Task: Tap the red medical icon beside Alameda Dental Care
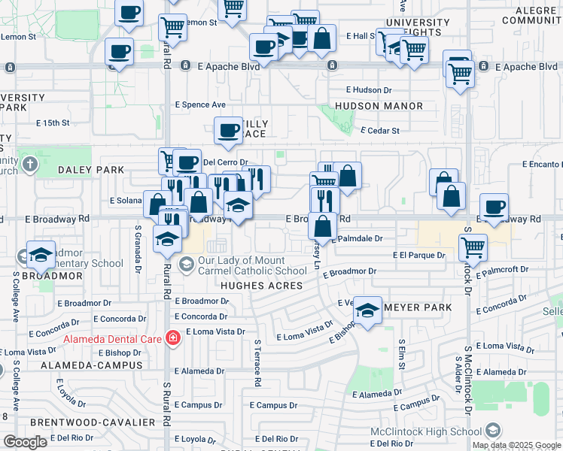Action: coord(173,338)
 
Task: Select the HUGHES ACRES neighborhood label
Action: coord(261,286)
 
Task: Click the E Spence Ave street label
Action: coord(200,104)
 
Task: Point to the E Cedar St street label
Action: coord(379,131)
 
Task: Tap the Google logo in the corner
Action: coord(25,442)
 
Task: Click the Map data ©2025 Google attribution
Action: coord(516,445)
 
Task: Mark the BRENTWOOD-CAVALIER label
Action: coord(84,423)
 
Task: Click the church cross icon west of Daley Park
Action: coord(29,164)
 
